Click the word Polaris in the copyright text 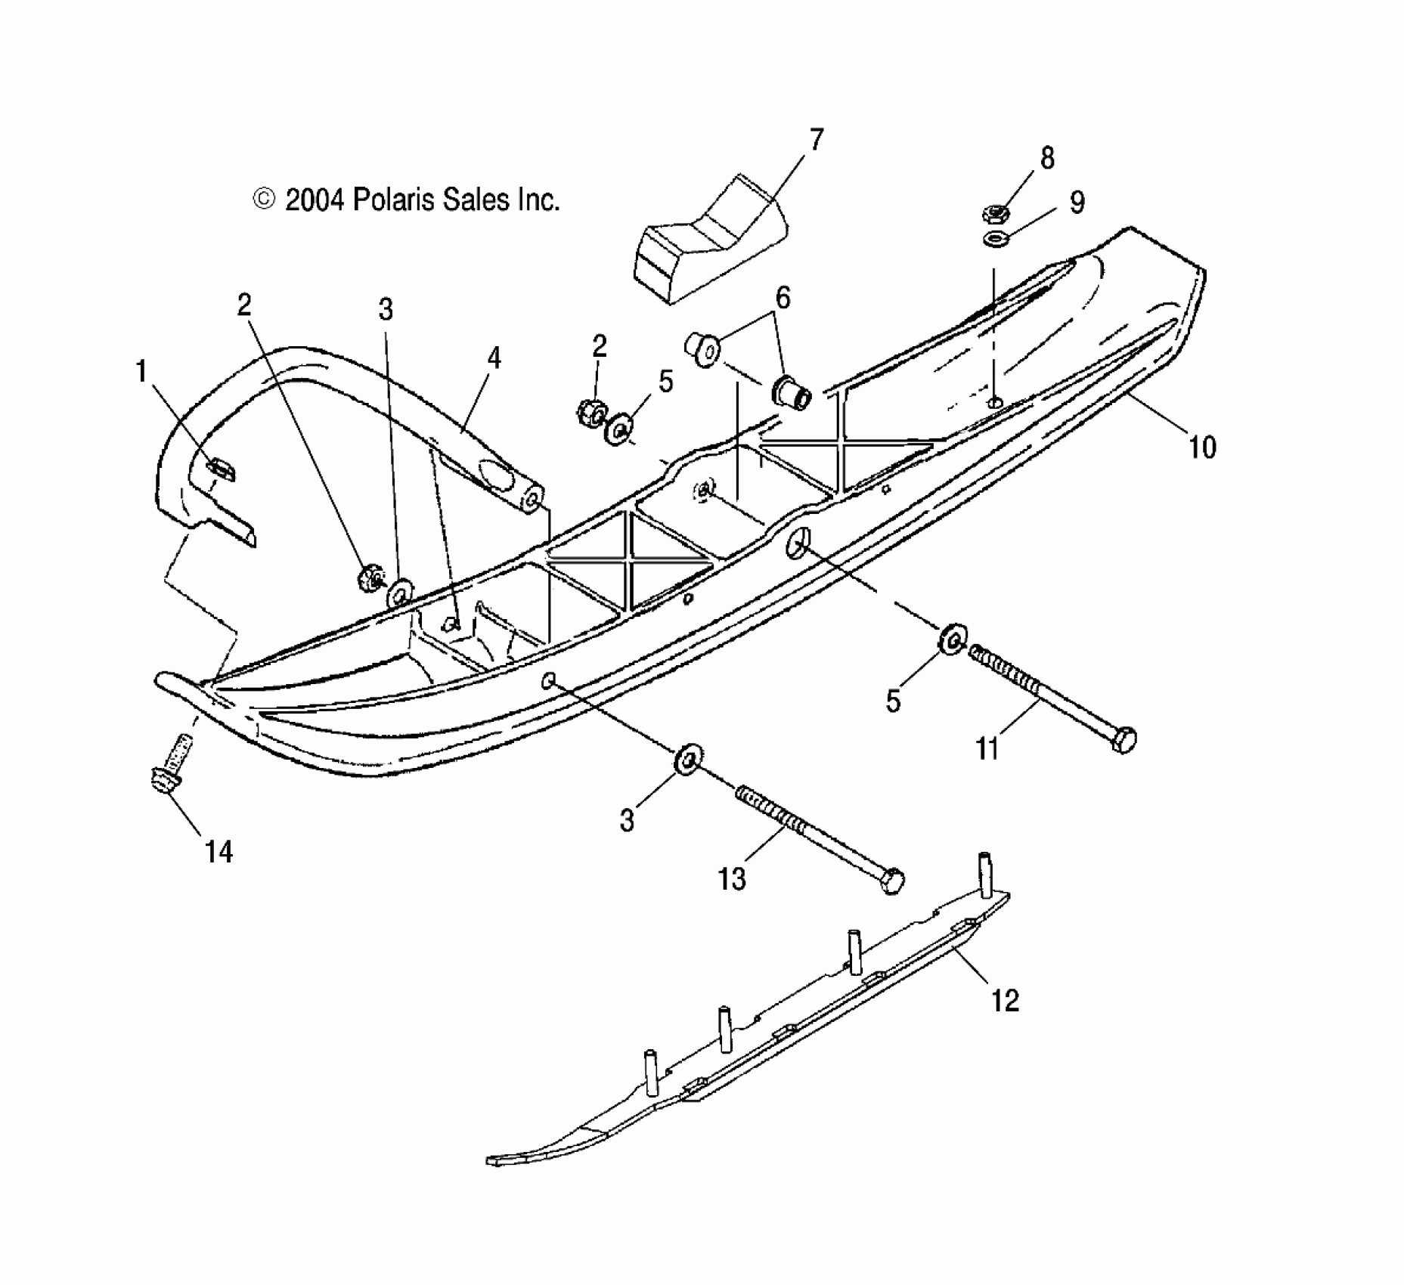pyautogui.click(x=391, y=200)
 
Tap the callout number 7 pyautogui.click(x=816, y=141)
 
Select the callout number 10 pyautogui.click(x=1202, y=447)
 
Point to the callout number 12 pyautogui.click(x=1005, y=1001)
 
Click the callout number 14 pyautogui.click(x=219, y=852)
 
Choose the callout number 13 pyautogui.click(x=732, y=879)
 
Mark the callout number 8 pyautogui.click(x=1047, y=159)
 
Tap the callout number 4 pyautogui.click(x=494, y=358)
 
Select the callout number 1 pyautogui.click(x=141, y=372)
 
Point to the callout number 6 pyautogui.click(x=783, y=299)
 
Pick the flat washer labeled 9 pyautogui.click(x=996, y=240)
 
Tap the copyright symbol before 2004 pyautogui.click(x=264, y=200)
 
